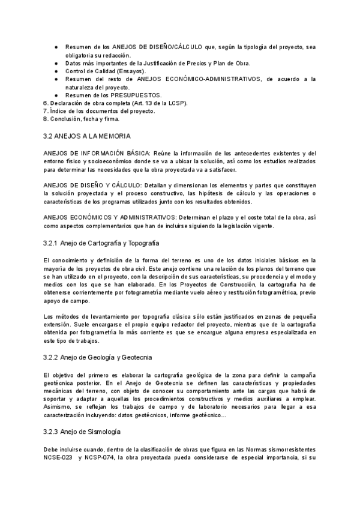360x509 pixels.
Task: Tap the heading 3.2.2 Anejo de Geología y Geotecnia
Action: point(98,357)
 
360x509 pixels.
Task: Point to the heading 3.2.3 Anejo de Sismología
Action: point(83,432)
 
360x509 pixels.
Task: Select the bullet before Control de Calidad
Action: point(56,71)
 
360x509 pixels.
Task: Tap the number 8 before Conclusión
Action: point(46,119)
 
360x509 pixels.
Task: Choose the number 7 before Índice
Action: point(46,111)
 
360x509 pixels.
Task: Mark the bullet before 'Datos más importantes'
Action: point(56,63)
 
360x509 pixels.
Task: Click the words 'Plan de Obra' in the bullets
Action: point(231,63)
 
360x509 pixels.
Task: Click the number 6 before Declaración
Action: point(46,103)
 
